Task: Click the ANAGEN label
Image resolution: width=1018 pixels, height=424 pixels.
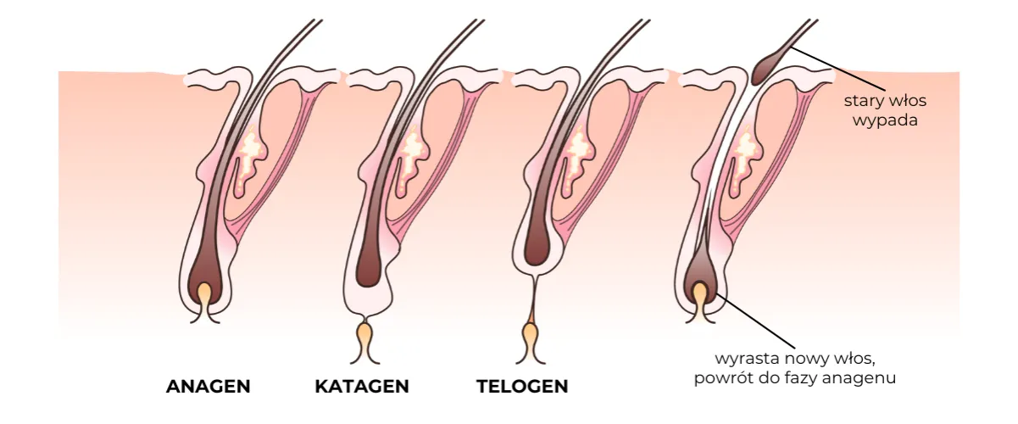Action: tap(209, 387)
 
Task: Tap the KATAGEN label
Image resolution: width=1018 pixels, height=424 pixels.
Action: tap(362, 387)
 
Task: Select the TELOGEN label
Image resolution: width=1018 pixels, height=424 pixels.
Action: tap(522, 387)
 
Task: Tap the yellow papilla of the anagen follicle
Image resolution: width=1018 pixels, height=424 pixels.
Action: tap(205, 297)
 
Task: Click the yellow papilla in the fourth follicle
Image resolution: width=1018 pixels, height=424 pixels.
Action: tap(699, 296)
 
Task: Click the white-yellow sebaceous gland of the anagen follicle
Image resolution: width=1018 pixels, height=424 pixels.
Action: tap(250, 157)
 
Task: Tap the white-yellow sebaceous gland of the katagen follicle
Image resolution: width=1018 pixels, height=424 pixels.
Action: tap(414, 157)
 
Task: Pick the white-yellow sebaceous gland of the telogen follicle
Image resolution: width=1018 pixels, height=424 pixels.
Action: tap(580, 157)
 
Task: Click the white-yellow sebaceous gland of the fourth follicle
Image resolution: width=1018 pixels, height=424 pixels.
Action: tap(745, 157)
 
